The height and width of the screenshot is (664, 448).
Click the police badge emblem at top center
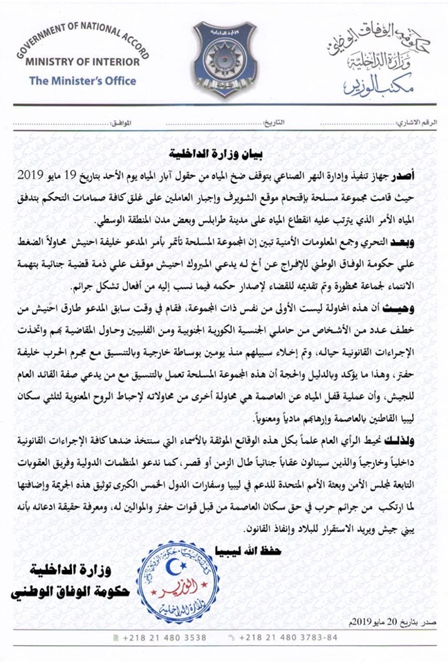225,59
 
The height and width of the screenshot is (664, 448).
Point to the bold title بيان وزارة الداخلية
225,152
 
